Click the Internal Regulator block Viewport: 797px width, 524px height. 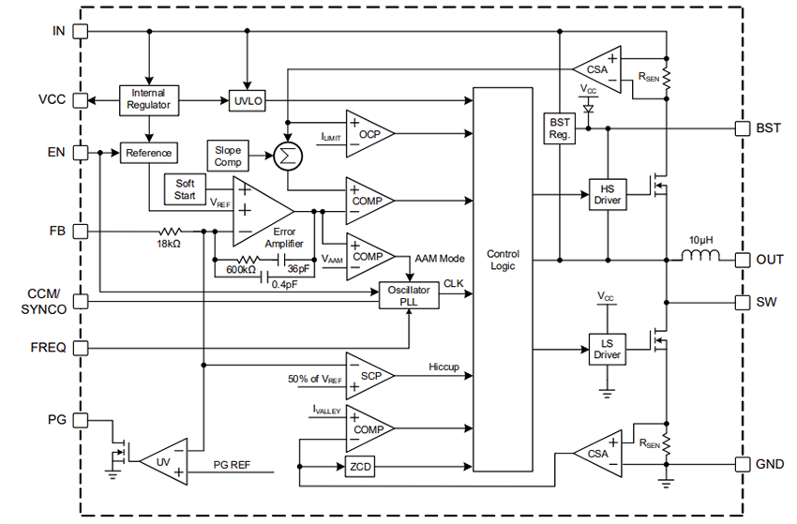pos(149,99)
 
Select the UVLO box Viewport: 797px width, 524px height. pos(247,99)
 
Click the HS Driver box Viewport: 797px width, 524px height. pos(607,194)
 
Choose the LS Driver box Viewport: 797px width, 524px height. pos(607,348)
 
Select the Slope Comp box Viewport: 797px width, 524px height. pos(228,156)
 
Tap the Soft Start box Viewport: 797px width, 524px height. pos(185,190)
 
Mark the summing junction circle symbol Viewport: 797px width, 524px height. pos(287,155)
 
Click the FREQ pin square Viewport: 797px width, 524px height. pos(81,348)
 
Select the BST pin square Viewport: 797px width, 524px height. pos(738,127)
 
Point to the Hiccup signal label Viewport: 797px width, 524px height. pos(444,367)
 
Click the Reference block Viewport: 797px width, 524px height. pos(148,153)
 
